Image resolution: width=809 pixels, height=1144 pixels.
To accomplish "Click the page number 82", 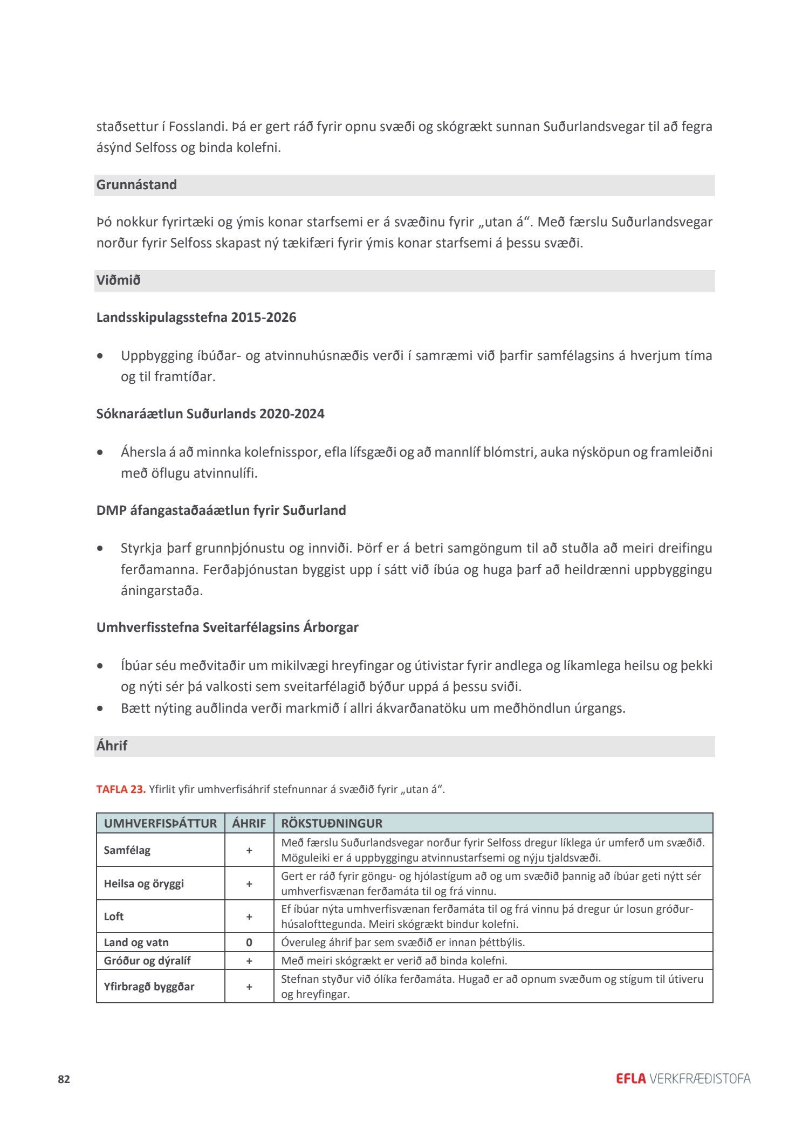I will click(x=64, y=1079).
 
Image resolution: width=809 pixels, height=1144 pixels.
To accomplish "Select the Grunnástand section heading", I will click(x=136, y=185).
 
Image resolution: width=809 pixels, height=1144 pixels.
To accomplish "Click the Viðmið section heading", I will click(x=118, y=280).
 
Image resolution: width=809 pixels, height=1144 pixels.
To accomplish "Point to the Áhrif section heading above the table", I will click(x=112, y=746).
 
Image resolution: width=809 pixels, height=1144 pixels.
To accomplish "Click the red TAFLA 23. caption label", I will click(x=121, y=789).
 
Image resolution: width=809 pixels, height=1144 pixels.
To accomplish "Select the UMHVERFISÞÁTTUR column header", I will click(x=160, y=823).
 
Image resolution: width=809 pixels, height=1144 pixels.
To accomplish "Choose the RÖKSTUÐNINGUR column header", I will click(x=332, y=823).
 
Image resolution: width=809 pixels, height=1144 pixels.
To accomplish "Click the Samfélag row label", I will click(x=127, y=850).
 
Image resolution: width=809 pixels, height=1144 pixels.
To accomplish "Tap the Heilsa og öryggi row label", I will click(x=143, y=884).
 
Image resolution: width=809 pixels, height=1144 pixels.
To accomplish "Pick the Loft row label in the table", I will click(x=114, y=916).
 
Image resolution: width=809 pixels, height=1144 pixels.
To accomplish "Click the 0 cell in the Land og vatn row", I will click(x=249, y=942).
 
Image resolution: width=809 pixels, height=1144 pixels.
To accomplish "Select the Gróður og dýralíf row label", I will click(x=147, y=961).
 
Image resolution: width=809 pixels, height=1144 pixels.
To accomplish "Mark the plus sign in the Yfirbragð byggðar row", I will click(x=249, y=987).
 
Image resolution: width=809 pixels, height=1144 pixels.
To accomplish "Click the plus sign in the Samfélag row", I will click(x=249, y=850).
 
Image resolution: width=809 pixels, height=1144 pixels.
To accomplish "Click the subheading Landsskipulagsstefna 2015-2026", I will click(x=196, y=318).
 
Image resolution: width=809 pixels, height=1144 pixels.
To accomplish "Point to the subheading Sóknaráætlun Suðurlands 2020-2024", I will click(x=210, y=414).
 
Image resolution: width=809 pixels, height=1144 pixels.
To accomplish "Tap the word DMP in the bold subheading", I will click(x=111, y=510).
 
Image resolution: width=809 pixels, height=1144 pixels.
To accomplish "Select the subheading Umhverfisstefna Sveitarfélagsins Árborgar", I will click(x=227, y=628).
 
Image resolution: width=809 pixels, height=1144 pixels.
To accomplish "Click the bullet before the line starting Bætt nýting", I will click(x=100, y=708).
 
